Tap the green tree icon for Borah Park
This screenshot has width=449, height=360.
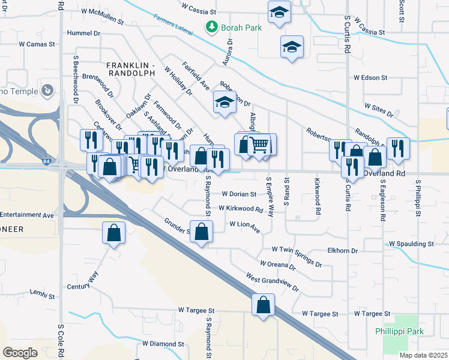click(211, 26)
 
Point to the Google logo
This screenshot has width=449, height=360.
click(20, 352)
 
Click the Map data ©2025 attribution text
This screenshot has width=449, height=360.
click(423, 355)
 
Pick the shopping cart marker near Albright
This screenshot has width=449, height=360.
click(259, 144)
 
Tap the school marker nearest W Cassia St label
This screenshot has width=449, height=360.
click(279, 13)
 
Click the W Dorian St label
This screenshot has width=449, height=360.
click(238, 194)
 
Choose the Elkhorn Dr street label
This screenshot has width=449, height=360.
click(343, 251)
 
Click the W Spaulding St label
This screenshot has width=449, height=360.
click(411, 244)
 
